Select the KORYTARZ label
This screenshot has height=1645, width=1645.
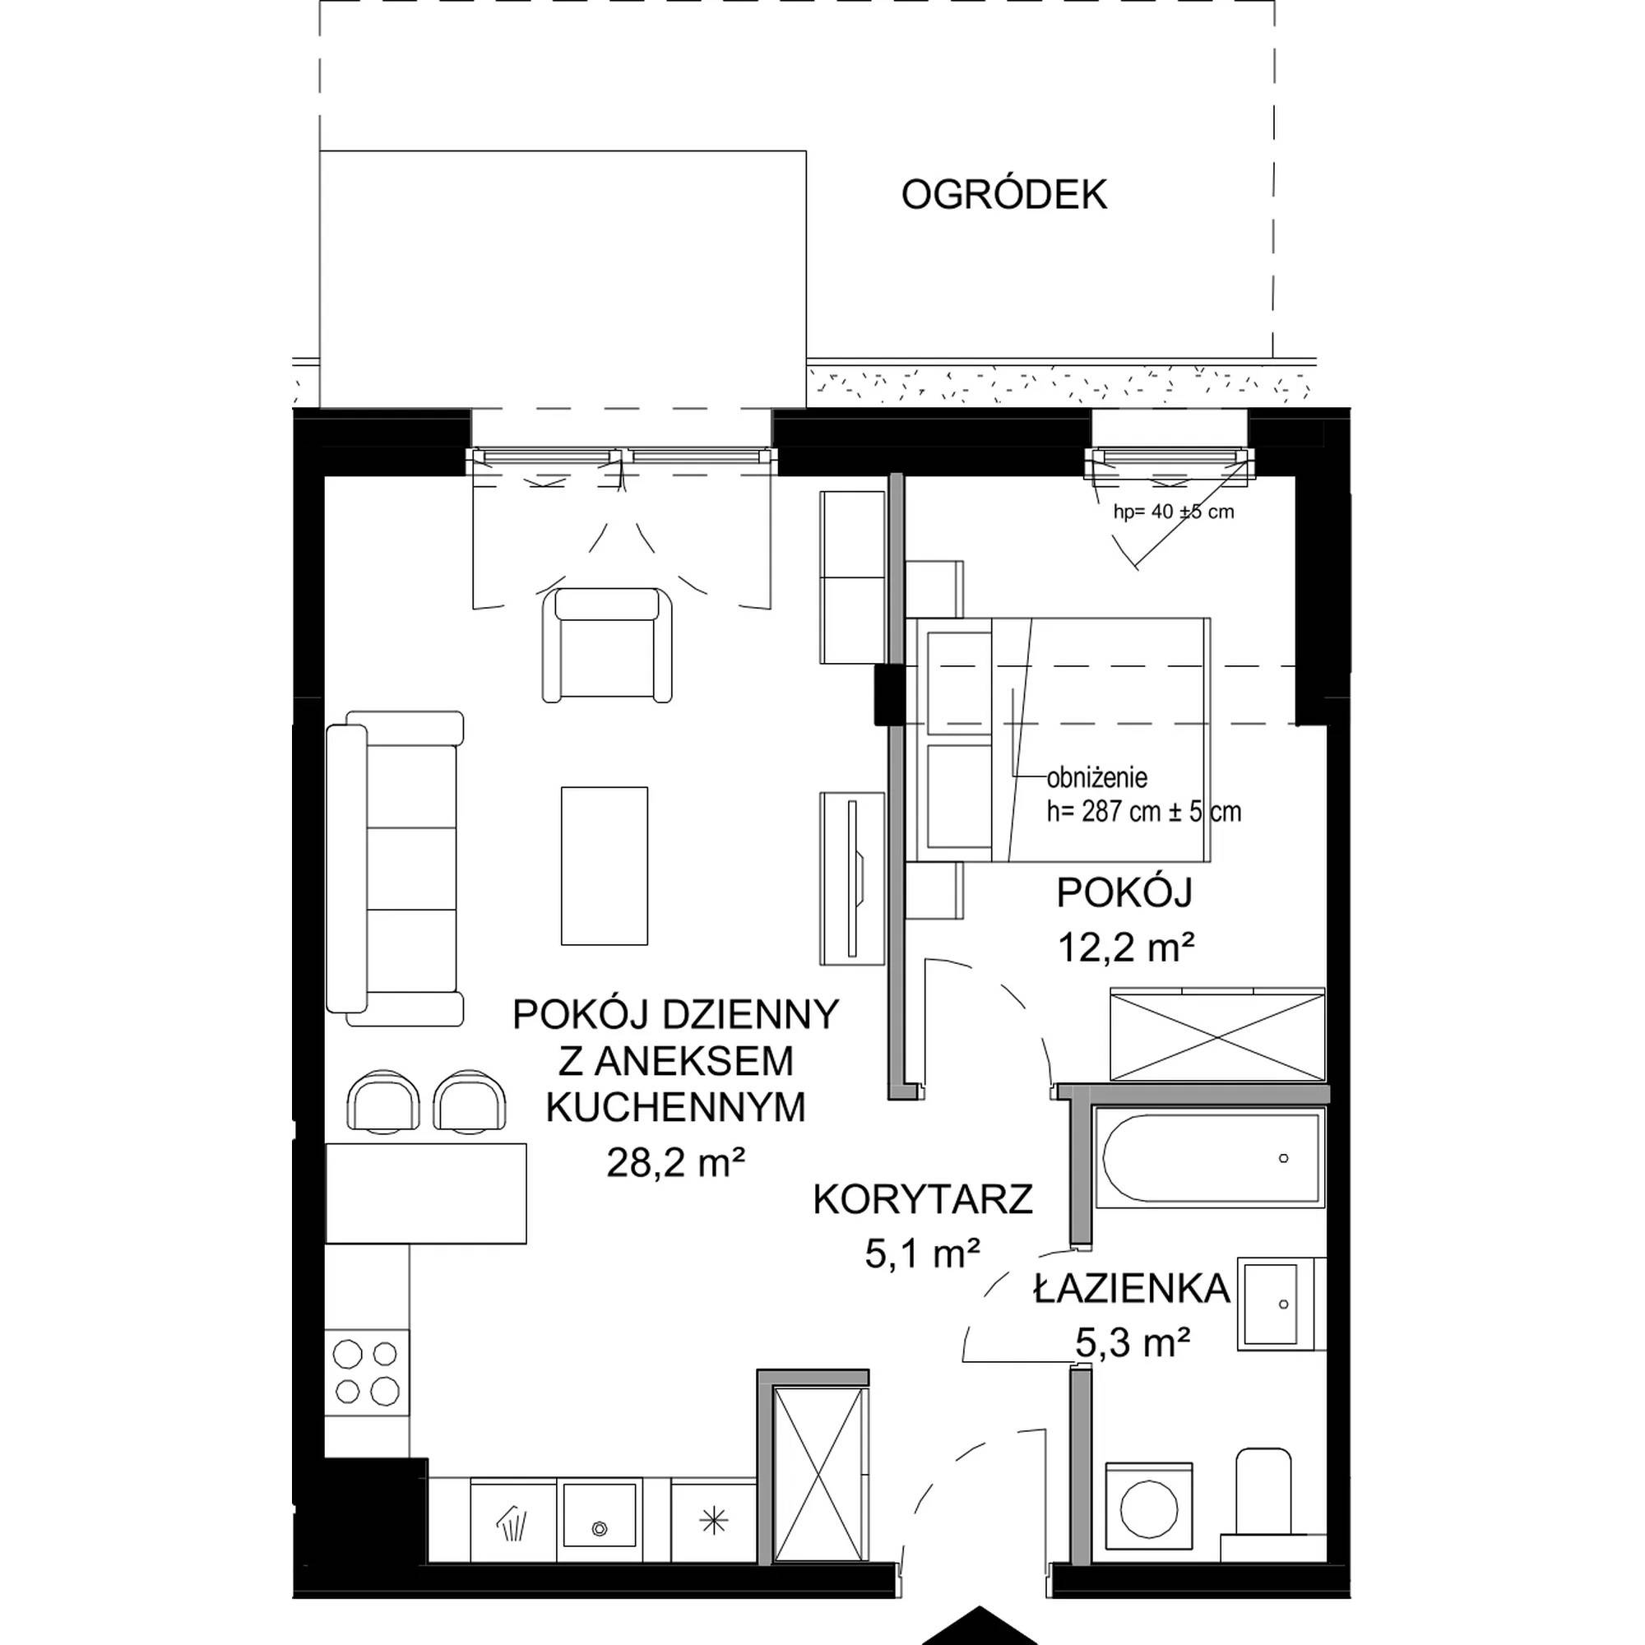pos(924,1199)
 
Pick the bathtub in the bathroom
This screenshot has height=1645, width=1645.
pos(1209,1158)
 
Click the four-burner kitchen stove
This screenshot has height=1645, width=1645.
pos(367,1372)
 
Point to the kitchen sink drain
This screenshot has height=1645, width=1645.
pos(600,1529)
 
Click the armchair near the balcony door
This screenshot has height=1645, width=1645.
pos(606,645)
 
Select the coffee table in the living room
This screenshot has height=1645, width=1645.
pos(605,866)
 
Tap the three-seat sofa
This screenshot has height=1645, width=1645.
pos(395,868)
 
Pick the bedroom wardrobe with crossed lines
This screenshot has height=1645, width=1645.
pos(1217,1035)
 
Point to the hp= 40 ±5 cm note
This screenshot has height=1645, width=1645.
pos(1175,512)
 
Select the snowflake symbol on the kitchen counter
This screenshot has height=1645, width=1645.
pos(713,1522)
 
